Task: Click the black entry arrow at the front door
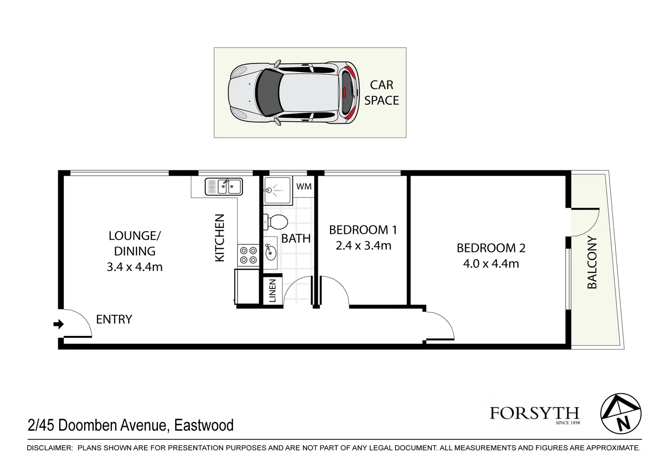58,325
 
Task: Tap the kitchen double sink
224,187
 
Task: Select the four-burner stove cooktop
248,255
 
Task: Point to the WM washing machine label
304,187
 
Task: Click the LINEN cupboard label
272,291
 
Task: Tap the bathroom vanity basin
271,252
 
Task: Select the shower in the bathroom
277,190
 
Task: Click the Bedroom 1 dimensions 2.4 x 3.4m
363,246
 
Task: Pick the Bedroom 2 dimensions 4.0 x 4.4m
491,264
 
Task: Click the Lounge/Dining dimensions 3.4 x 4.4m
134,267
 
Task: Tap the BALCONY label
592,262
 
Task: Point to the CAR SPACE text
381,92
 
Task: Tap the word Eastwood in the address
204,425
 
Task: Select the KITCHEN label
219,238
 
